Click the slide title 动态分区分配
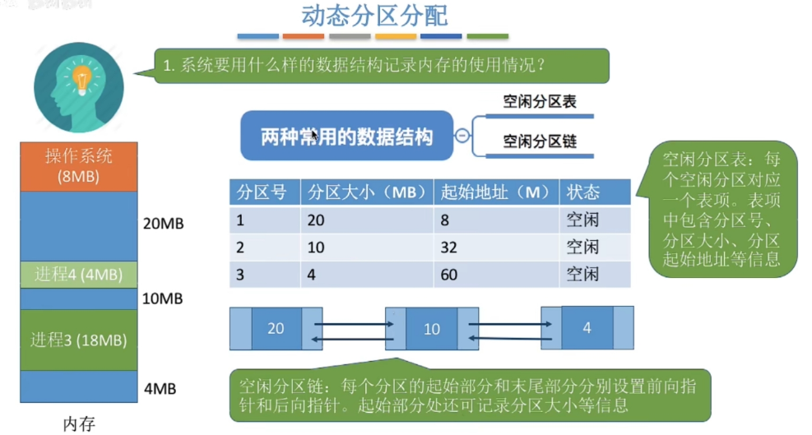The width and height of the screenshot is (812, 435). tap(374, 16)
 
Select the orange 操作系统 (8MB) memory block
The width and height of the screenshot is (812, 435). tap(79, 166)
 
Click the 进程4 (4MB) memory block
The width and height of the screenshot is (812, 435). tap(79, 275)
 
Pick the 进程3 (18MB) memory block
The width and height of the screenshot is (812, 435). tap(79, 339)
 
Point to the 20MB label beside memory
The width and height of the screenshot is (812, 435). tap(163, 224)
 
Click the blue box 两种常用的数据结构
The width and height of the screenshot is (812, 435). tap(346, 137)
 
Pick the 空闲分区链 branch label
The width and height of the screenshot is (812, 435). tap(540, 141)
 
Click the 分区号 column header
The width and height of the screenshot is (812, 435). tap(262, 192)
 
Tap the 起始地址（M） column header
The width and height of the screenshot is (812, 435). tap(495, 192)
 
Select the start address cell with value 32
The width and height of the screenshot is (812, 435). tap(450, 248)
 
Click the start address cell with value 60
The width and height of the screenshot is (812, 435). tap(450, 275)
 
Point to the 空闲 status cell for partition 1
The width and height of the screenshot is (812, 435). tap(582, 220)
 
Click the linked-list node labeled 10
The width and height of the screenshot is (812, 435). tap(432, 329)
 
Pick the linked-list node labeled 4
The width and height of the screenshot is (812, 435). tap(587, 327)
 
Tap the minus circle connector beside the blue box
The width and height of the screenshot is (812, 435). tap(463, 136)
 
